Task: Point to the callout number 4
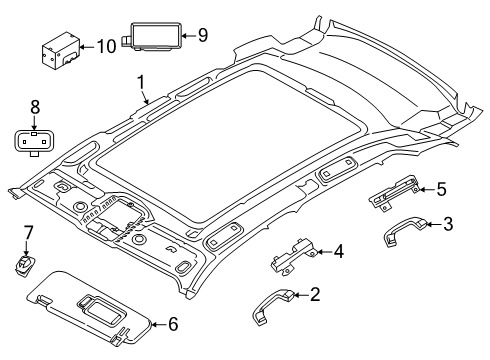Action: [x=339, y=251]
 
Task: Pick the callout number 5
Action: [x=441, y=187]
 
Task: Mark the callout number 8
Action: [x=33, y=105]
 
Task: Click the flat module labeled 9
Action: [x=151, y=37]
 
